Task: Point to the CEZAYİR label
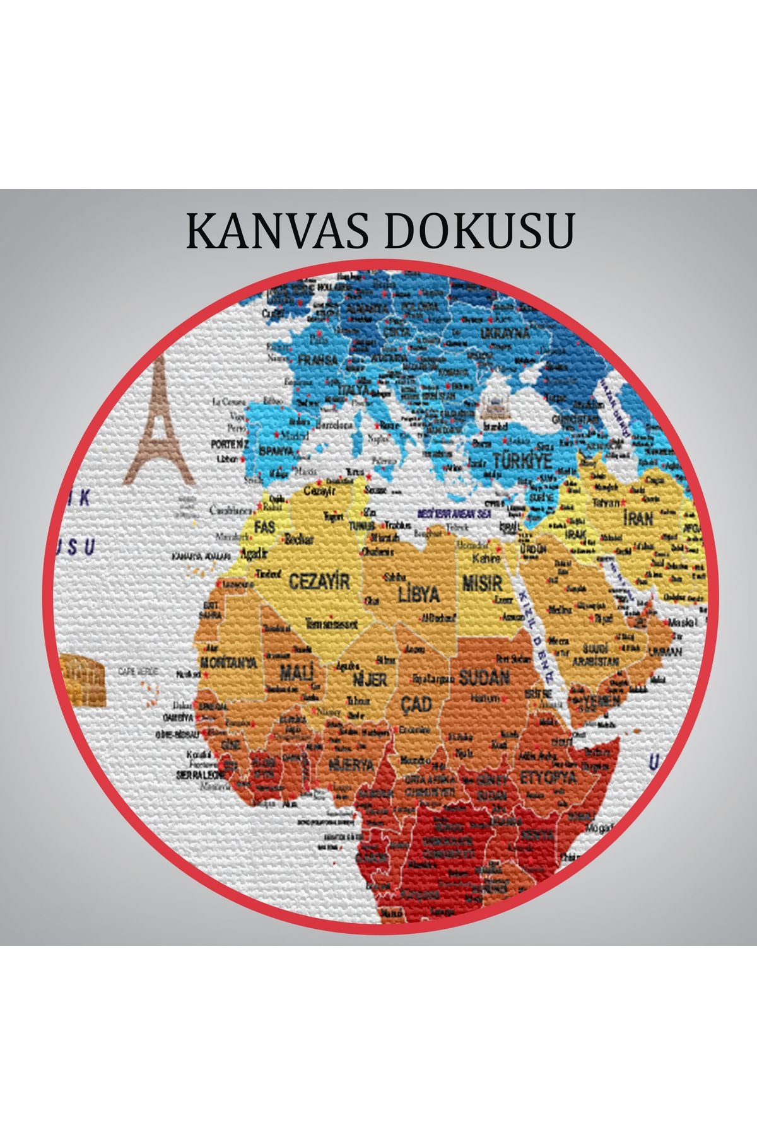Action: (x=319, y=581)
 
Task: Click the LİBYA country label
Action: (x=418, y=594)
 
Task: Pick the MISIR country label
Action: (x=482, y=581)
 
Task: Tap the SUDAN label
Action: (x=484, y=678)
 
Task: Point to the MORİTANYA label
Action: (x=228, y=663)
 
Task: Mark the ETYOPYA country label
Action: (x=548, y=777)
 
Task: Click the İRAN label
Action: (x=638, y=519)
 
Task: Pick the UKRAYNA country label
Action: (x=505, y=333)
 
